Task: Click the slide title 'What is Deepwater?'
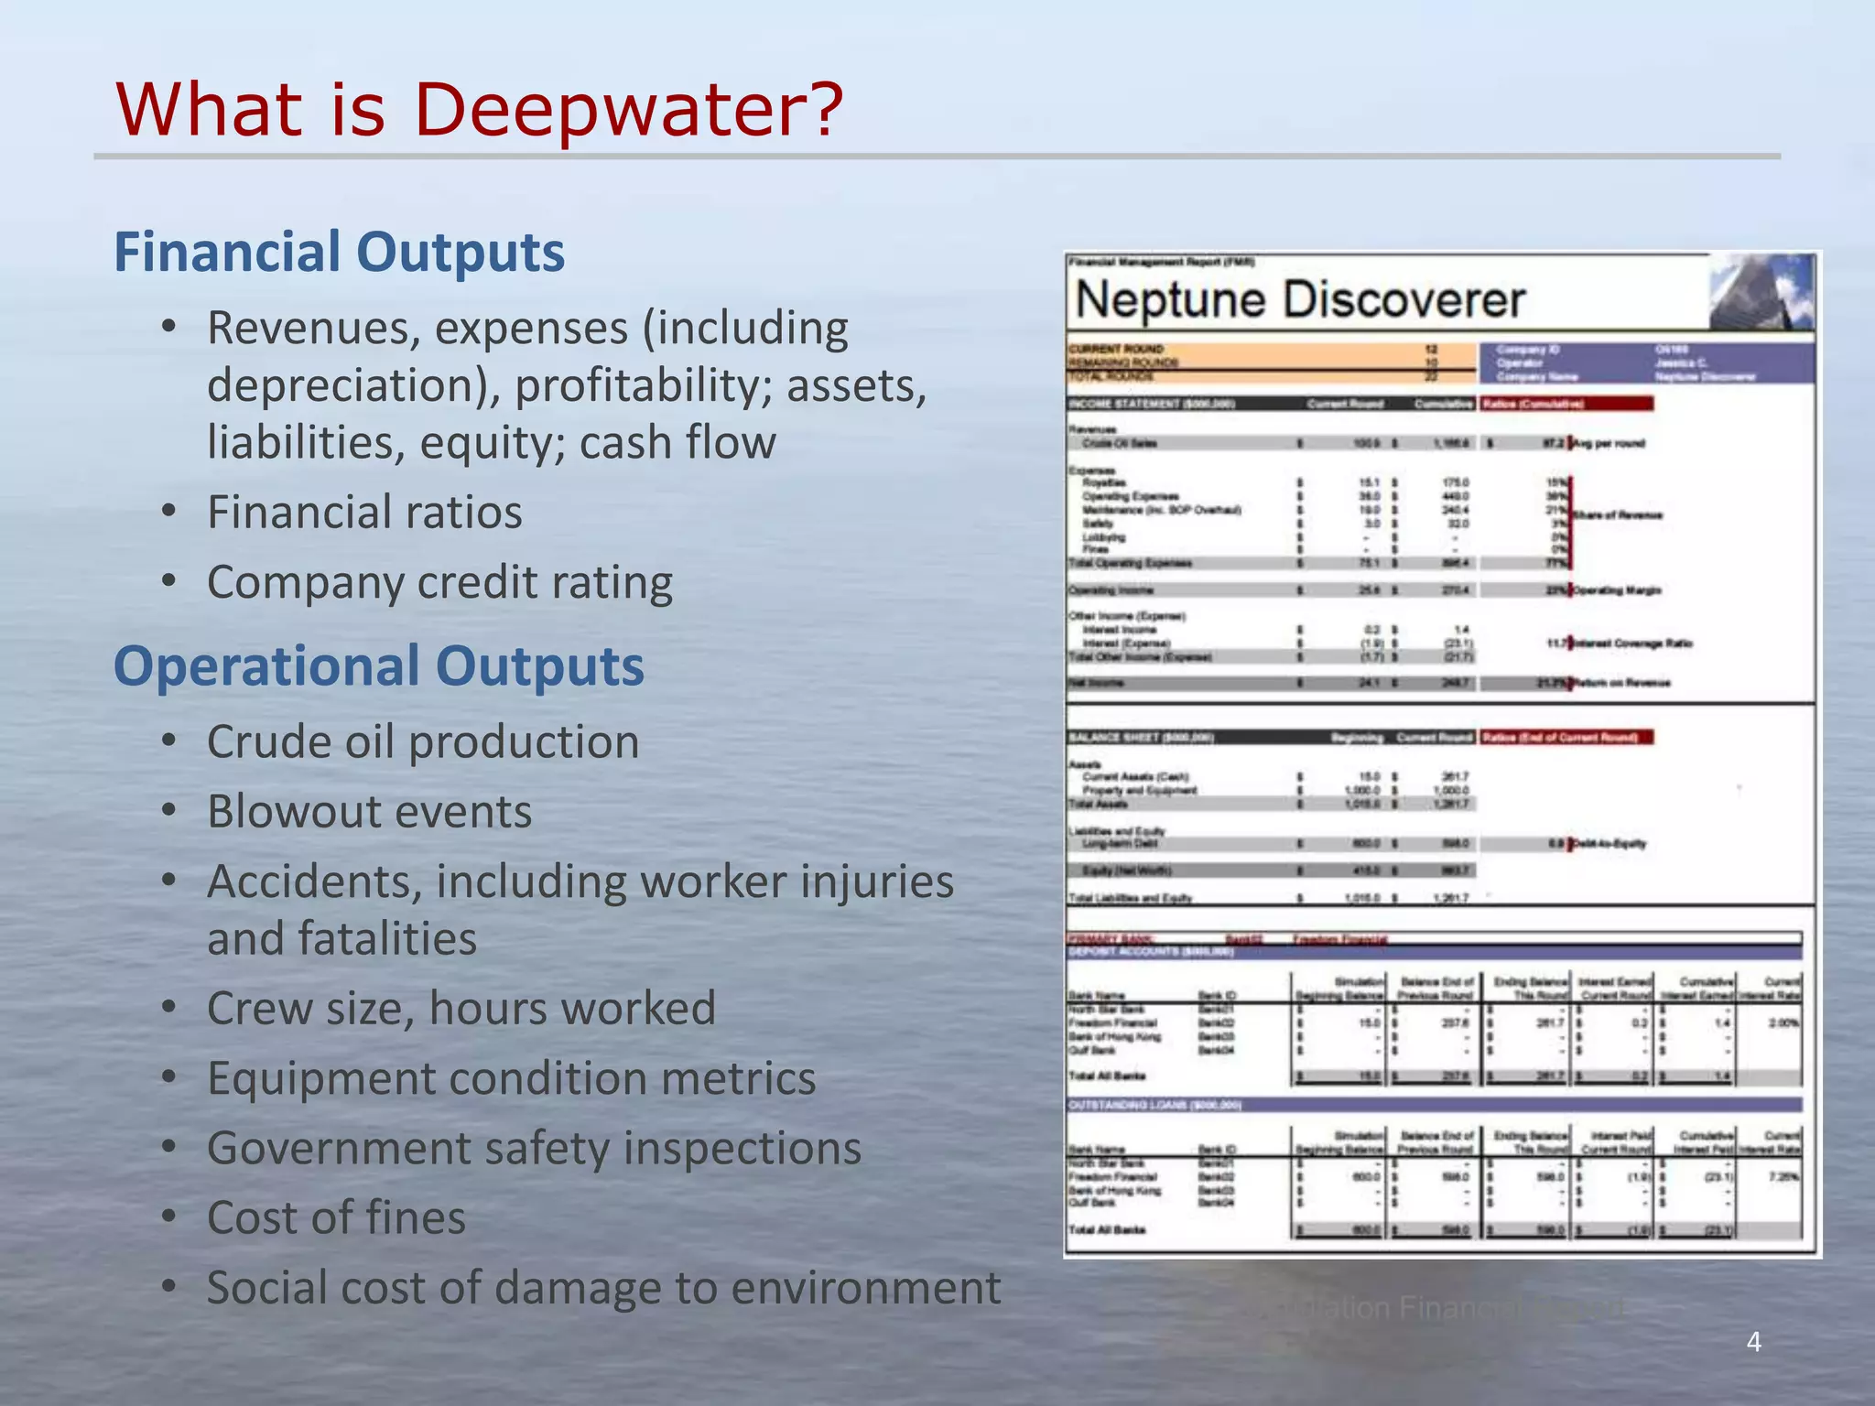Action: (x=478, y=110)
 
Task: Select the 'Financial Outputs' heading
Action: (x=340, y=252)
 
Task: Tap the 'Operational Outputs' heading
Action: (x=379, y=665)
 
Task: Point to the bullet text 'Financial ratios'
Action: (x=364, y=512)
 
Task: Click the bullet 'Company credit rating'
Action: (x=439, y=582)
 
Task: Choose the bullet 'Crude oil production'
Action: (x=423, y=741)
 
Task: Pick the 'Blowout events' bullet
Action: (x=369, y=811)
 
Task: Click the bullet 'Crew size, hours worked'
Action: (x=461, y=1008)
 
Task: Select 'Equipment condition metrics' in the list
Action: (x=511, y=1077)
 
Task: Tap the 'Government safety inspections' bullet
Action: (x=534, y=1148)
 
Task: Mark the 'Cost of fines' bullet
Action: (x=336, y=1217)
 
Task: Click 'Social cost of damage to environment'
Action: (x=603, y=1287)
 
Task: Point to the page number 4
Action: (x=1754, y=1342)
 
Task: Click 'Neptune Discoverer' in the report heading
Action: (x=1300, y=300)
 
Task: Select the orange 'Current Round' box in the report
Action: (x=1272, y=362)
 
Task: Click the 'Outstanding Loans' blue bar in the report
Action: (x=1434, y=1105)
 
